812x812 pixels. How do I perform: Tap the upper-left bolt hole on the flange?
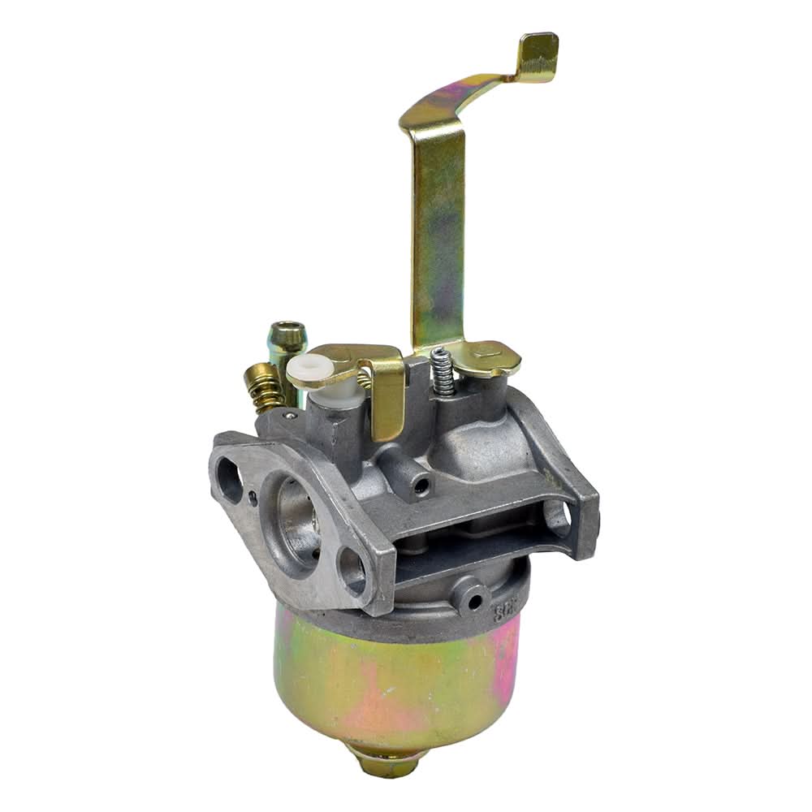coord(230,479)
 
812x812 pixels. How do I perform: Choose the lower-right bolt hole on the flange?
coord(352,570)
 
